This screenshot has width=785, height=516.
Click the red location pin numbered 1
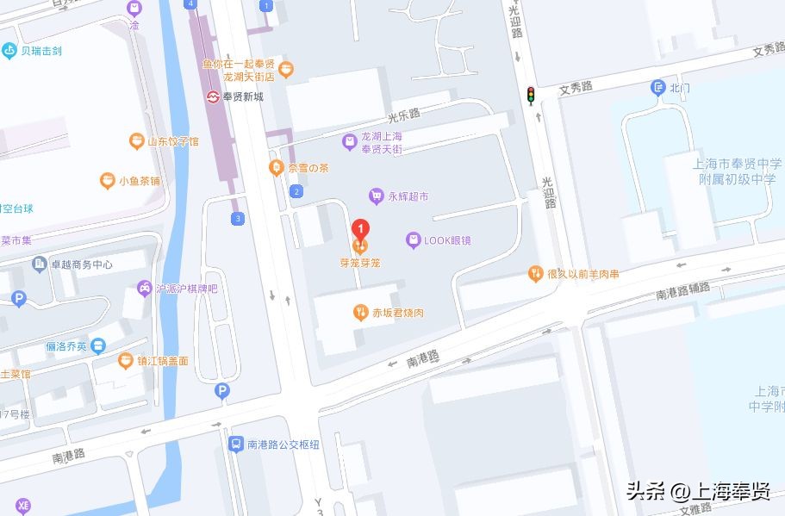click(362, 230)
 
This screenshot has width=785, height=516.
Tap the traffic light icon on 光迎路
click(531, 93)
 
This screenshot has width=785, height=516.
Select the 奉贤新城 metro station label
click(243, 96)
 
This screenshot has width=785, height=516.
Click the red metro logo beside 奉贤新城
click(213, 96)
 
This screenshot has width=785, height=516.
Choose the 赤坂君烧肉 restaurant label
click(397, 313)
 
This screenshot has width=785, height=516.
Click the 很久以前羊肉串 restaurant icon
click(535, 274)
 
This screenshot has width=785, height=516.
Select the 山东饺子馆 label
click(172, 141)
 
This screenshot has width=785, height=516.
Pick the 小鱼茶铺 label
click(140, 181)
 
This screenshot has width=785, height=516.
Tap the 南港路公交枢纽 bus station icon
click(235, 445)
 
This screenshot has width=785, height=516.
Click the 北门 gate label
click(680, 88)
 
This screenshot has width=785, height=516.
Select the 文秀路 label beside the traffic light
click(576, 87)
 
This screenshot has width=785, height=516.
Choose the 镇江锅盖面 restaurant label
click(162, 361)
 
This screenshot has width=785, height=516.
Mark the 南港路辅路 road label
click(683, 291)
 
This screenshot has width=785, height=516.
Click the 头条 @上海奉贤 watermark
click(697, 491)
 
